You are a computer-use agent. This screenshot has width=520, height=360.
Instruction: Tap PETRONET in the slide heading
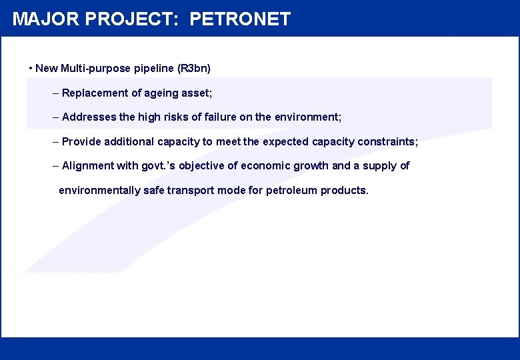pos(240,19)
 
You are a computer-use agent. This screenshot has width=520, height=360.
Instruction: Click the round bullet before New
pos(31,68)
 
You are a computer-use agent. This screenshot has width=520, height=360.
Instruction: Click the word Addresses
pos(89,117)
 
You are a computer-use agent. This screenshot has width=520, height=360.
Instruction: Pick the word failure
pos(219,117)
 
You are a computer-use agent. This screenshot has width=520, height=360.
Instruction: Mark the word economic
pos(266,165)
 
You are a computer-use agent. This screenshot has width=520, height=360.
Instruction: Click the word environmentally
pos(100,190)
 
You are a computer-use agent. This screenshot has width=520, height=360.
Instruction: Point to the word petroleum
pos(291,190)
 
